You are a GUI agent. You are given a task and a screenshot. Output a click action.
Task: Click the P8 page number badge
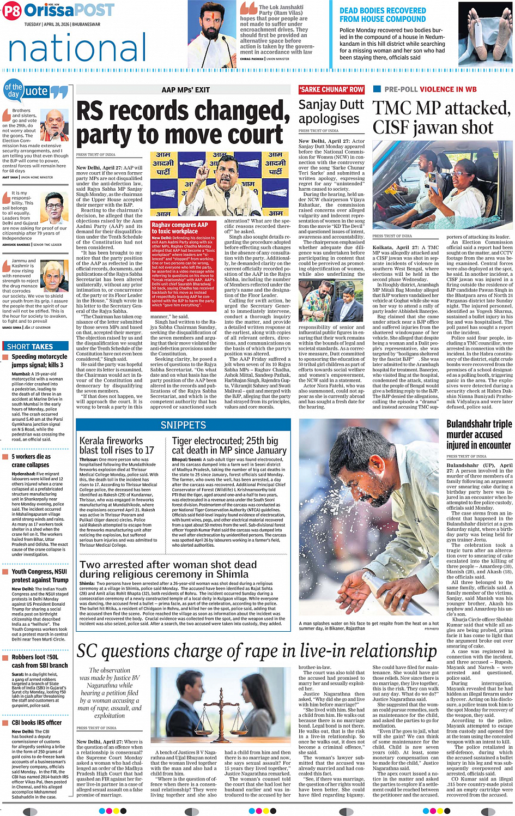(x=12, y=10)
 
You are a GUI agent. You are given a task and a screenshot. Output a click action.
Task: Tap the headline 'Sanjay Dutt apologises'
(x=331, y=112)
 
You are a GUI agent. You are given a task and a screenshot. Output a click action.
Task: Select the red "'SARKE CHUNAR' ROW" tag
(x=331, y=89)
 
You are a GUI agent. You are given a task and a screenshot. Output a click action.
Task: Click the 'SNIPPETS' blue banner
(x=183, y=425)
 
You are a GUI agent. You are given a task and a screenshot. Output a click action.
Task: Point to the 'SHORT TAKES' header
(x=30, y=346)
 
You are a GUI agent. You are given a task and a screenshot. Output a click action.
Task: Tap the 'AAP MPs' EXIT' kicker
(x=185, y=90)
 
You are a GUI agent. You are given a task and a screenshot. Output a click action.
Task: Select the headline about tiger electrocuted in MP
(x=229, y=445)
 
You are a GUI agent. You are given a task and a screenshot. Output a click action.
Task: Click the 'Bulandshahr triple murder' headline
(x=479, y=434)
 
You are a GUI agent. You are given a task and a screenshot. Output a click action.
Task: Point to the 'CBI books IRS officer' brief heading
(x=37, y=722)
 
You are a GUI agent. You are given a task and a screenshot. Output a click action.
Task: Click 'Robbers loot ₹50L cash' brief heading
(x=40, y=661)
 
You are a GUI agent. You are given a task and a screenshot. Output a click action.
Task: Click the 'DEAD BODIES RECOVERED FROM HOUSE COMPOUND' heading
(x=383, y=15)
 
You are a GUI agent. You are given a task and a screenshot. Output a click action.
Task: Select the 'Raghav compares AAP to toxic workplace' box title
(x=180, y=228)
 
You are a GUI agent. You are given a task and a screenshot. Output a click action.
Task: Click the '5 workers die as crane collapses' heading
(x=31, y=461)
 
